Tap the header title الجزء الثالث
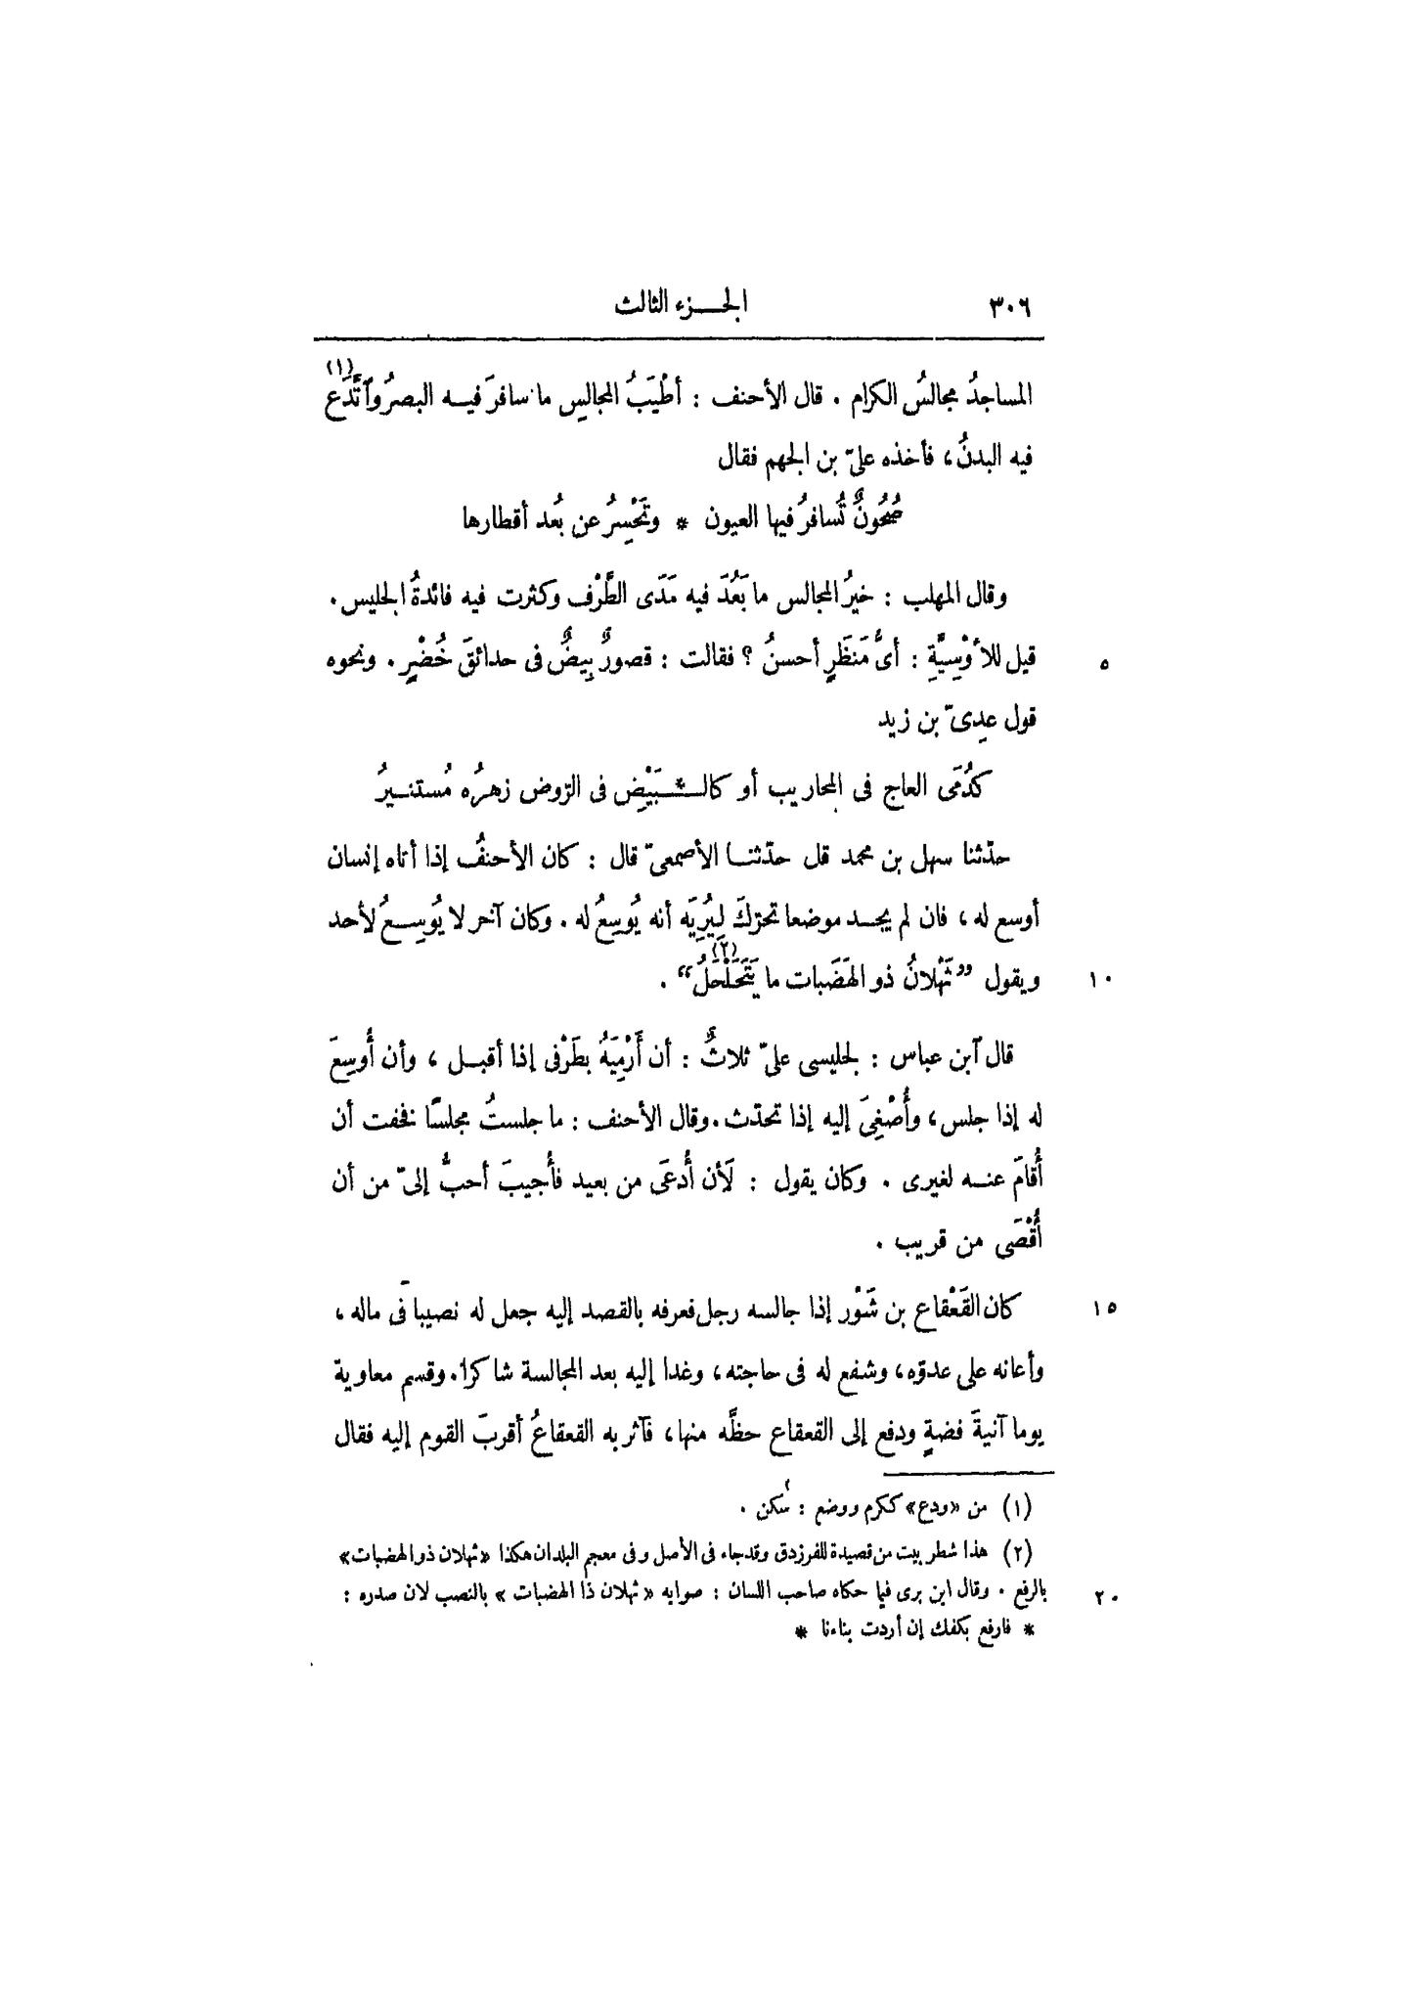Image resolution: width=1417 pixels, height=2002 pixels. coord(678,304)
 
